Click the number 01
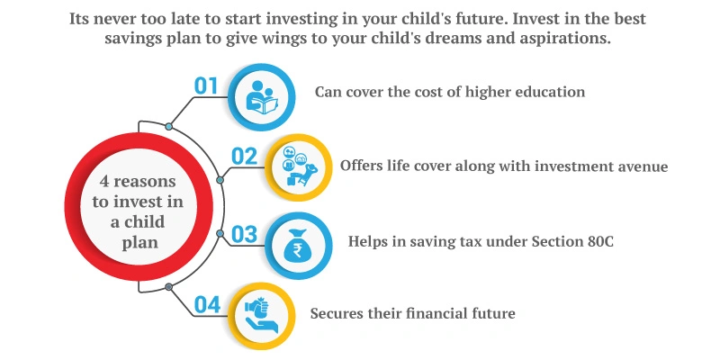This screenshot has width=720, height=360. (207, 86)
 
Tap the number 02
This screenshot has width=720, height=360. (245, 157)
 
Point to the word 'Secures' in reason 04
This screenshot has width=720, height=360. (337, 314)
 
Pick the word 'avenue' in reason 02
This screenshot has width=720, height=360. (641, 166)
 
